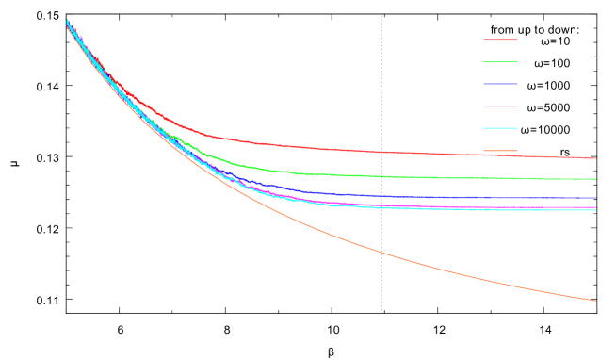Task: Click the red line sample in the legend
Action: tap(500, 40)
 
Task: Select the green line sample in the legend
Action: tap(500, 62)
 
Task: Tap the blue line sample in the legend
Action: tap(500, 84)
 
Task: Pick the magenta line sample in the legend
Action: tap(500, 106)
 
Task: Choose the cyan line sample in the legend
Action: tap(500, 128)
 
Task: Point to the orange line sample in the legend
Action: tap(500, 150)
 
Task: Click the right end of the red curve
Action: tap(595, 158)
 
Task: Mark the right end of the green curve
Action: tap(595, 179)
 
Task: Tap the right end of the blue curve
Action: tap(595, 199)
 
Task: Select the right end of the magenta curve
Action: tap(595, 207)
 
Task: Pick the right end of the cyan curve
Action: tap(595, 210)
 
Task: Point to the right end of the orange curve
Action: tap(595, 301)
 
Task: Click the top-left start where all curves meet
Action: tap(67, 20)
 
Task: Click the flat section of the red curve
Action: tap(424, 153)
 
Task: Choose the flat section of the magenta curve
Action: tap(471, 206)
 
